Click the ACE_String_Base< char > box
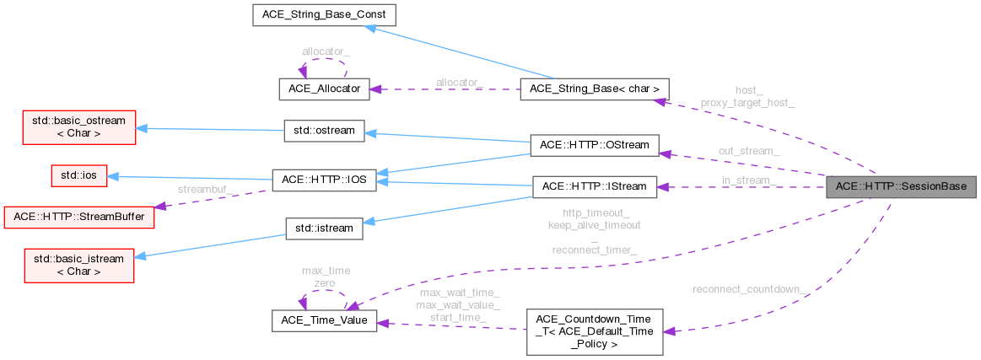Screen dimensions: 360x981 [x=595, y=89]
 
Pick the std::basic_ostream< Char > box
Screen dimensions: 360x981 [x=73, y=126]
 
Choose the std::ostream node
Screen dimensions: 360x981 [x=324, y=131]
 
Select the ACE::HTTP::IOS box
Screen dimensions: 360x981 [x=324, y=180]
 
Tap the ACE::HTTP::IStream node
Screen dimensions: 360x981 [x=594, y=185]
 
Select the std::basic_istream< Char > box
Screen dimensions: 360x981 [x=73, y=264]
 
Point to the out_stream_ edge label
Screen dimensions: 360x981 [x=748, y=151]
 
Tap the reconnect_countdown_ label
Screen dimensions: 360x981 [x=750, y=290]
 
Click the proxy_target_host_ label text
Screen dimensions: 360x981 [x=747, y=102]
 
